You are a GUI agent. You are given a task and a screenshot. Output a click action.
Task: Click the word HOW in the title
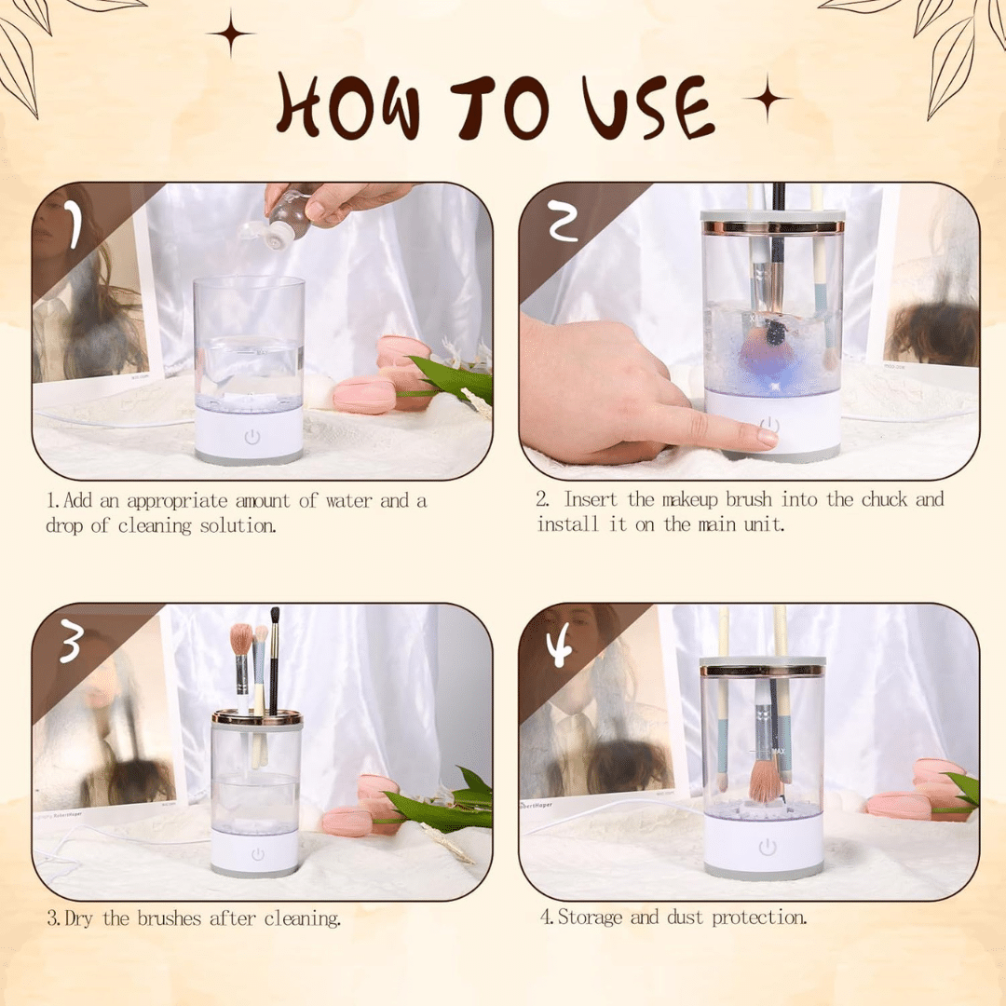coord(349,105)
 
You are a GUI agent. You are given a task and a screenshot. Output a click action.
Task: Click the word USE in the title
coord(648,107)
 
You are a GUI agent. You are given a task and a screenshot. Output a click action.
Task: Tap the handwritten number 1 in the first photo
coord(75,224)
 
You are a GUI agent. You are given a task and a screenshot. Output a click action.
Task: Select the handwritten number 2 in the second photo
coord(562,220)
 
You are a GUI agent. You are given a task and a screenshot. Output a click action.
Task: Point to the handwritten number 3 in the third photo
coord(71,643)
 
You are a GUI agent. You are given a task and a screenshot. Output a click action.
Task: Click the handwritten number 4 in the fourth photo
coord(560,647)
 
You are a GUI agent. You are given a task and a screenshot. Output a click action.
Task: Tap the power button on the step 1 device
coord(252,438)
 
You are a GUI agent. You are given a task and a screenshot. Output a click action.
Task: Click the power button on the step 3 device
coord(258,854)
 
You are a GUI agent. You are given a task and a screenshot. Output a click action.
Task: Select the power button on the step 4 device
coord(768,848)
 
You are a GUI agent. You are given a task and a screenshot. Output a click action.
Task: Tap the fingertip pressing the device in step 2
coord(766,438)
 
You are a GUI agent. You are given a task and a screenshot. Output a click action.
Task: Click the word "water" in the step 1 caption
coord(348,501)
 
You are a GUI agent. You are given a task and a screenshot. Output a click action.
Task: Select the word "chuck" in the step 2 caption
coord(884,499)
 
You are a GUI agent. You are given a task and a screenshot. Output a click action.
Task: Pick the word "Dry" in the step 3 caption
coord(78,919)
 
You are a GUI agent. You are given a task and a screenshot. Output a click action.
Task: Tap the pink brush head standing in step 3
coord(242,639)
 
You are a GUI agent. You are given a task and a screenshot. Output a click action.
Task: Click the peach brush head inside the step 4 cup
coord(764,782)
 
